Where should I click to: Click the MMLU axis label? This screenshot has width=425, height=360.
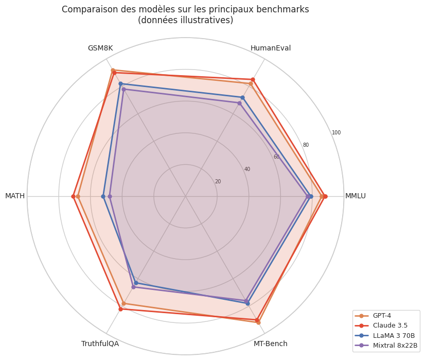(355, 196)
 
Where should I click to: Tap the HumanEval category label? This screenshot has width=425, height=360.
(271, 48)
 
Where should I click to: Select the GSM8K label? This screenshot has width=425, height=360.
(100, 48)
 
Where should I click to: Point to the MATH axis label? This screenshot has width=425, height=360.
(15, 196)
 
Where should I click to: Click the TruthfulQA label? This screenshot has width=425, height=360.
(100, 344)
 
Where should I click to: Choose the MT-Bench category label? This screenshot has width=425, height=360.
(271, 344)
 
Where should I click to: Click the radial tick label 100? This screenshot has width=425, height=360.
(336, 133)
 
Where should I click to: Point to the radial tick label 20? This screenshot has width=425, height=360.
(218, 182)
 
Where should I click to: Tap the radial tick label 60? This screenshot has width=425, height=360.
(276, 157)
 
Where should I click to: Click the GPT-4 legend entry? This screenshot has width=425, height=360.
(381, 316)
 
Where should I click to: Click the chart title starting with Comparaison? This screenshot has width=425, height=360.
(185, 14)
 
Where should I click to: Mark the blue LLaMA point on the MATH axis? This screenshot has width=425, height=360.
(103, 196)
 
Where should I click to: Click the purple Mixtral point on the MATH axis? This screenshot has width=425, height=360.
(110, 196)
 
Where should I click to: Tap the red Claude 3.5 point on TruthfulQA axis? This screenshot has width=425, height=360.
(120, 309)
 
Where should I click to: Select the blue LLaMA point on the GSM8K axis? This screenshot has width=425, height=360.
(120, 83)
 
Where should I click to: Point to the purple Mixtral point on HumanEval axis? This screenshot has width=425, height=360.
(239, 103)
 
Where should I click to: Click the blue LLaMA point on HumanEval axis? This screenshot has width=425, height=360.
(242, 97)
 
